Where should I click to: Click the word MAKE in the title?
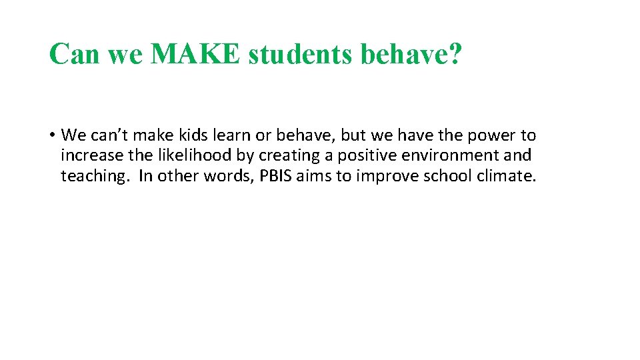tap(195, 53)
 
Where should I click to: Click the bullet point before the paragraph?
tap(51, 136)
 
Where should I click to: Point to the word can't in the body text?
tap(113, 136)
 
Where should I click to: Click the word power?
tap(491, 136)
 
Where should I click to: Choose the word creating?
tap(294, 155)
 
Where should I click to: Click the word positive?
tap(368, 155)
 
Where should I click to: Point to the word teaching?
tap(92, 176)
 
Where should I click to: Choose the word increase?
tap(87, 155)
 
